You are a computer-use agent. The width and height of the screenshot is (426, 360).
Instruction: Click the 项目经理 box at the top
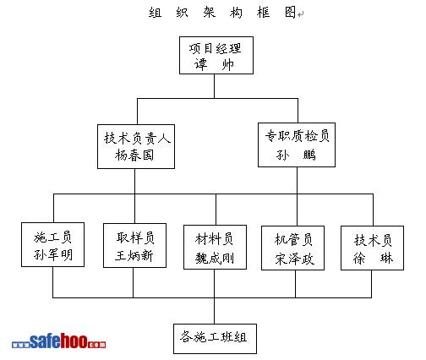216,55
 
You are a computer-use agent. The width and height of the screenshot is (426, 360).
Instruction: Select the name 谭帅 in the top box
214,64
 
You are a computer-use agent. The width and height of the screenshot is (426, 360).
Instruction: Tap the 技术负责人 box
136,146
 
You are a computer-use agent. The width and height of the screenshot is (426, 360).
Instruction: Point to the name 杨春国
134,155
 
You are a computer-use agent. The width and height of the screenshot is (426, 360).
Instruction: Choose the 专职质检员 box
297,145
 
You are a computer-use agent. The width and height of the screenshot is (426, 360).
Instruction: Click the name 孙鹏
296,155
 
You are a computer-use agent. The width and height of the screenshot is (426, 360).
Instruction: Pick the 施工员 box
53,244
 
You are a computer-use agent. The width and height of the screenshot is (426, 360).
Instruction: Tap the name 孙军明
53,254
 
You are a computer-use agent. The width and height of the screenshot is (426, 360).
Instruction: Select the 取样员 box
134,245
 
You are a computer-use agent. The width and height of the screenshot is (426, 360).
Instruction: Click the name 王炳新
134,256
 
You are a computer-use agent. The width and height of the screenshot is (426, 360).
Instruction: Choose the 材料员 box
215,247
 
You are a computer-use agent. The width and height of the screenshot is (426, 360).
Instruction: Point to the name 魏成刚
215,258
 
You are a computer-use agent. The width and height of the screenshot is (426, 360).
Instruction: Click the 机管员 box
293,248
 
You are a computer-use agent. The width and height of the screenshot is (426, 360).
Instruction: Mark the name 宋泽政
295,259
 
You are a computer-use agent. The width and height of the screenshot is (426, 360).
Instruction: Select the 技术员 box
373,248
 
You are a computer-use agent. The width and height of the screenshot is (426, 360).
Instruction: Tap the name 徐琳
373,258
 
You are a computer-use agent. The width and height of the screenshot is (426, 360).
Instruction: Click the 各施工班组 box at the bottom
215,339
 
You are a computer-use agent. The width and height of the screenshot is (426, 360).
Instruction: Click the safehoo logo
59,341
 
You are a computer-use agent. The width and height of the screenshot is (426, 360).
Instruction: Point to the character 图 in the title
290,13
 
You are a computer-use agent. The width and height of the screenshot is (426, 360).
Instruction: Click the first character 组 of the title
156,13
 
